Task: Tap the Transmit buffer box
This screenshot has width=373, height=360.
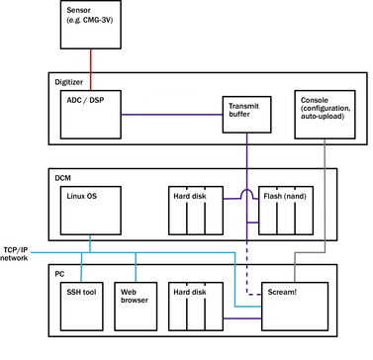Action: click(x=243, y=112)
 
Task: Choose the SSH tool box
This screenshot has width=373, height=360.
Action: click(x=78, y=306)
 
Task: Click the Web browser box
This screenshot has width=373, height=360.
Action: click(x=134, y=306)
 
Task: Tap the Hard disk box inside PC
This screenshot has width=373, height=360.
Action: click(x=194, y=306)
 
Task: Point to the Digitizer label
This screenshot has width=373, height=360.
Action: click(x=70, y=82)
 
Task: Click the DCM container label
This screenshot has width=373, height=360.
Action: click(x=64, y=178)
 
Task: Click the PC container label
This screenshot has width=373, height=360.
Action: click(x=60, y=272)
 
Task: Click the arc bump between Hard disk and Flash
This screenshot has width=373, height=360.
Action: click(x=243, y=194)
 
